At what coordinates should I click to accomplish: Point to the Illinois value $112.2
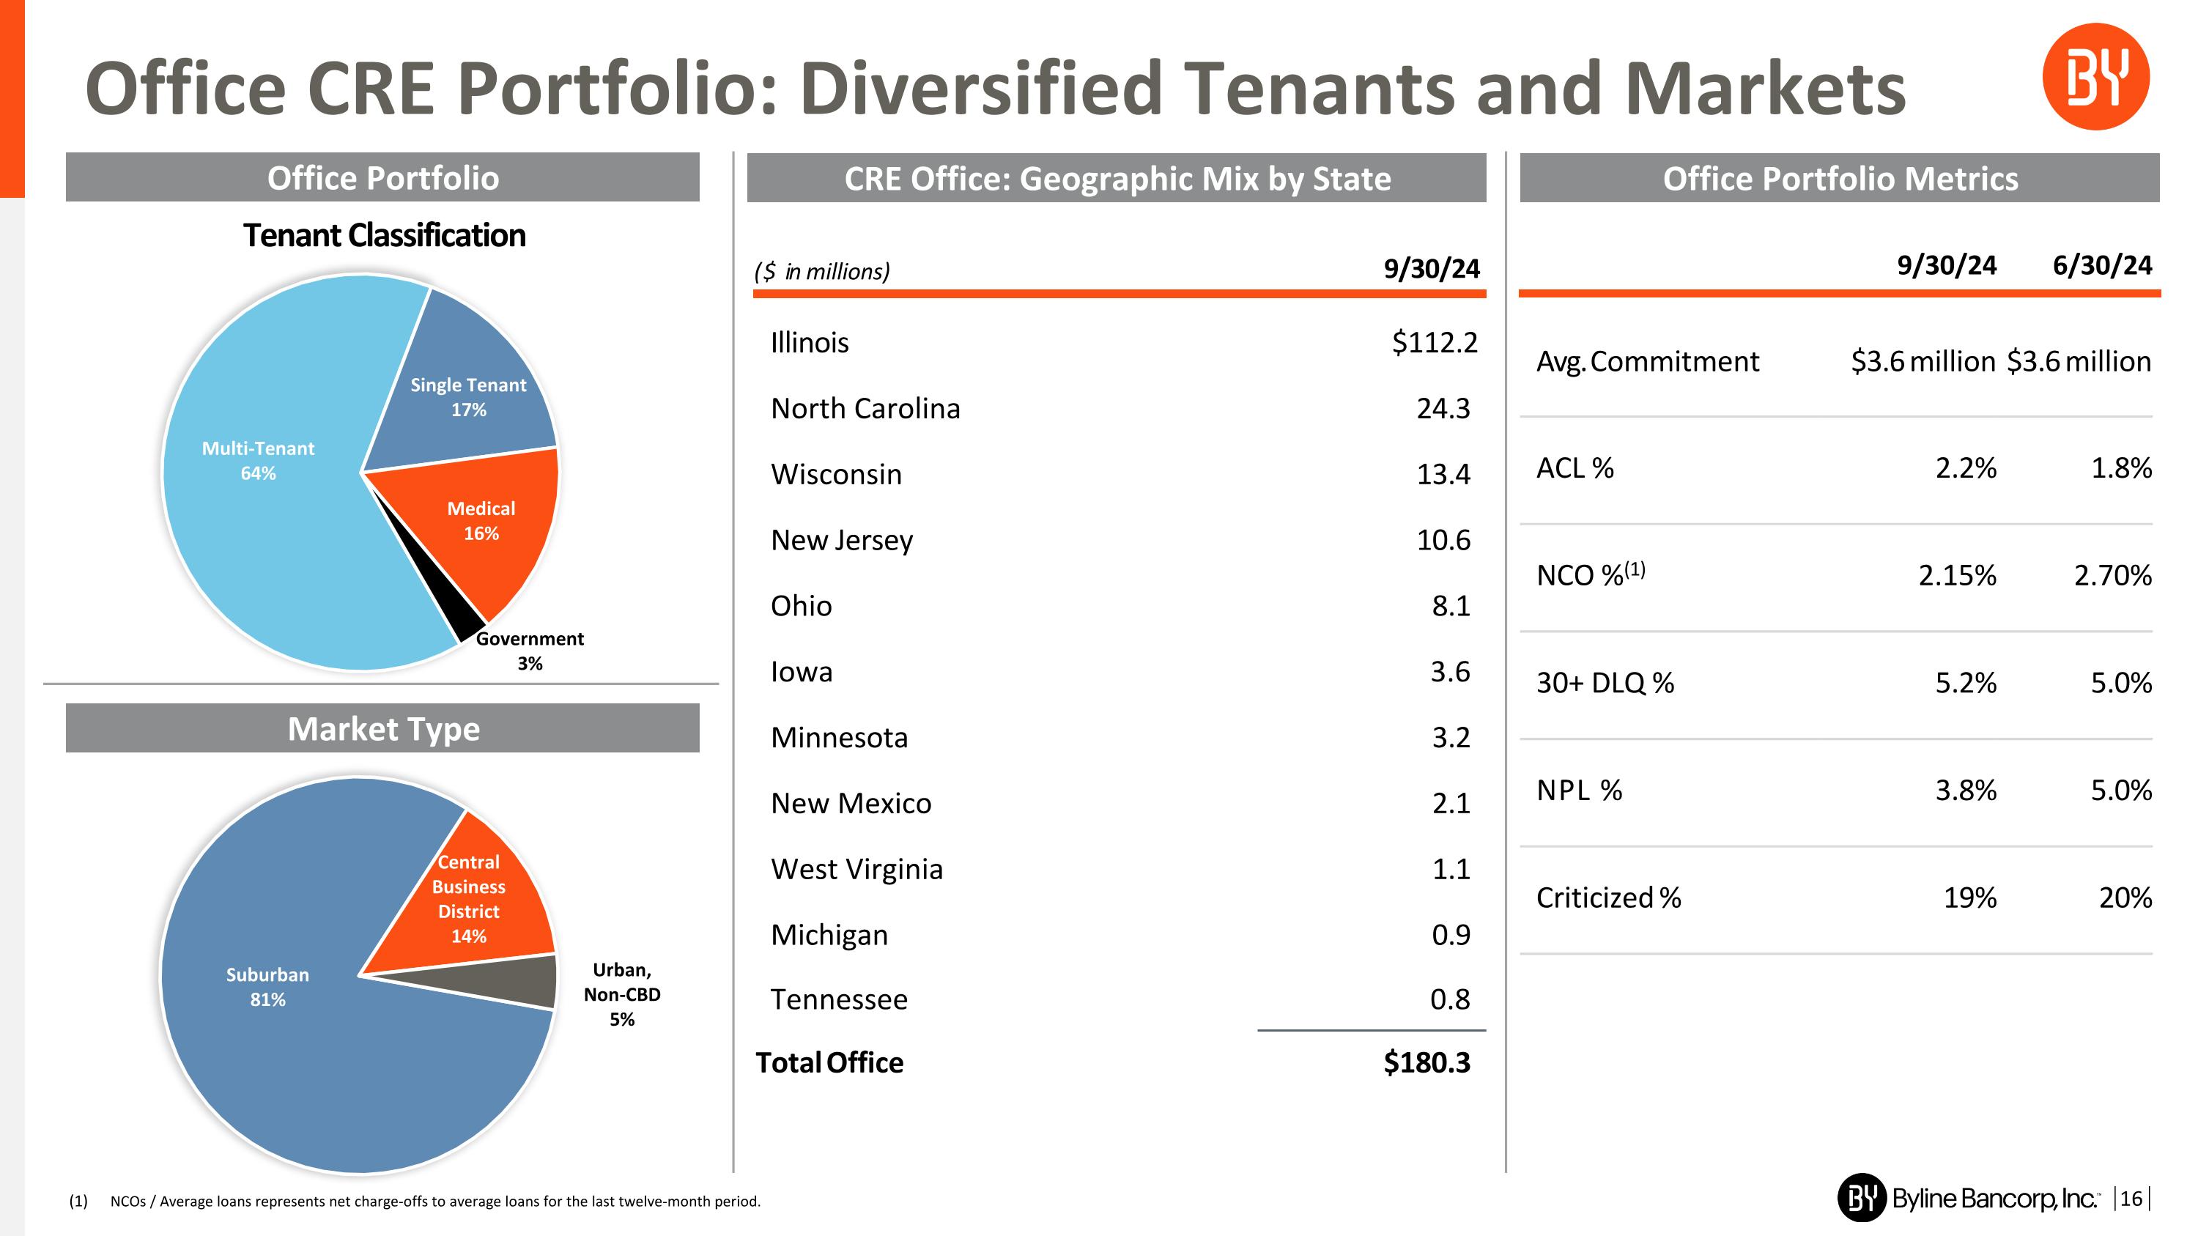pyautogui.click(x=1434, y=343)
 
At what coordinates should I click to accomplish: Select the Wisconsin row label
pyautogui.click(x=835, y=474)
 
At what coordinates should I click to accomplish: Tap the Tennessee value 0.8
pyautogui.click(x=1450, y=999)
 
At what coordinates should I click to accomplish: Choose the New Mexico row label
pyautogui.click(x=851, y=804)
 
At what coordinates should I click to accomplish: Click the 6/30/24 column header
pyautogui.click(x=2101, y=266)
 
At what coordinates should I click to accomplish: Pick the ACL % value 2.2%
pyautogui.click(x=1965, y=468)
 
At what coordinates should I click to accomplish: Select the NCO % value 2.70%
pyautogui.click(x=2113, y=576)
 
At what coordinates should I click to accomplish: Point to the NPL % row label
pyautogui.click(x=1579, y=791)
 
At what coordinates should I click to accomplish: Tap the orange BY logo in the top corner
pyautogui.click(x=2095, y=77)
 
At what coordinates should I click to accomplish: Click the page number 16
pyautogui.click(x=2131, y=1199)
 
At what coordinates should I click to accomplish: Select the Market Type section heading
pyautogui.click(x=383, y=729)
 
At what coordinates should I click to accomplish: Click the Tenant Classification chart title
pyautogui.click(x=384, y=235)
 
